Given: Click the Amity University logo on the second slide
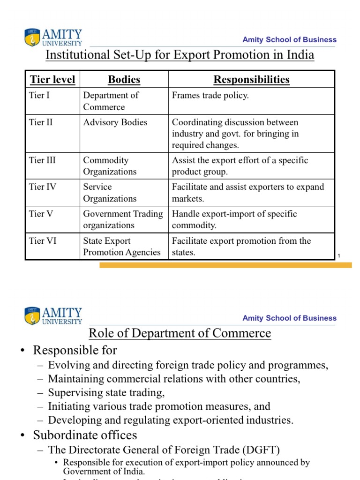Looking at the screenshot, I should tap(53, 316).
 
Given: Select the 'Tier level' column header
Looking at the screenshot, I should tap(52, 80).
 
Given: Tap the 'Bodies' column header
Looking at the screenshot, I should tap(124, 80).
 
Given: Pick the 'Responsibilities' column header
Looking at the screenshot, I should tap(251, 80).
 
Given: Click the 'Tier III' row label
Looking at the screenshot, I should tap(42, 160).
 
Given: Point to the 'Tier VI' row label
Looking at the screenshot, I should tap(42, 241).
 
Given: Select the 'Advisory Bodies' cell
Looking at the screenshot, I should tap(115, 122).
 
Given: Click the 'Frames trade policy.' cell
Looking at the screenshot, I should tap(210, 96).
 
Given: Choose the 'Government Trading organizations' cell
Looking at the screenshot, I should tap(123, 219).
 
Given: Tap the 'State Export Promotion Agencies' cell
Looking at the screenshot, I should tap(121, 247).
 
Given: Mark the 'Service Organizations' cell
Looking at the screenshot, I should tap(110, 193).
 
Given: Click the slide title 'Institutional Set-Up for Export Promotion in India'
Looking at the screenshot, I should tap(180, 55).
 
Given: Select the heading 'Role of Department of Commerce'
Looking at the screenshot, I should tap(180, 333).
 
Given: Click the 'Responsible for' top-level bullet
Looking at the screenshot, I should tap(75, 350).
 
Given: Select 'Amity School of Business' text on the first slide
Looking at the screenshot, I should tap(289, 40).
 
